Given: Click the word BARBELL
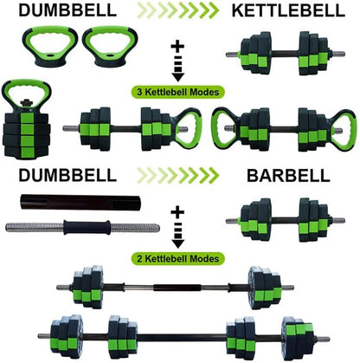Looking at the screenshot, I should point(288,175).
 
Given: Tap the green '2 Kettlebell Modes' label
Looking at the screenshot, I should point(180,257).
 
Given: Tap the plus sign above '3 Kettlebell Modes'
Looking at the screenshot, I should point(179,43).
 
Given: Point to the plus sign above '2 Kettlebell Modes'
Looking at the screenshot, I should point(179,210).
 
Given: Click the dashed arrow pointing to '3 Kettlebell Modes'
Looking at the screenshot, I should point(179,68).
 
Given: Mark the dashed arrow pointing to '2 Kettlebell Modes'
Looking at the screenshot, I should point(179,234).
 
